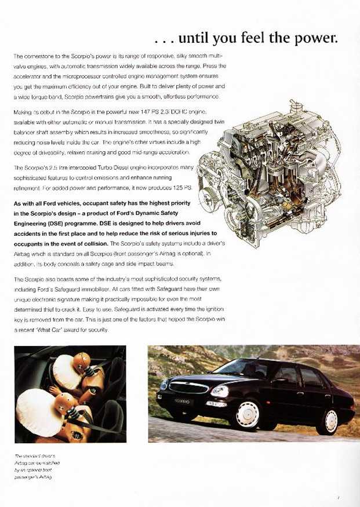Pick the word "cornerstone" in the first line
point(38,56)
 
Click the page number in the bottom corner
point(337,497)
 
